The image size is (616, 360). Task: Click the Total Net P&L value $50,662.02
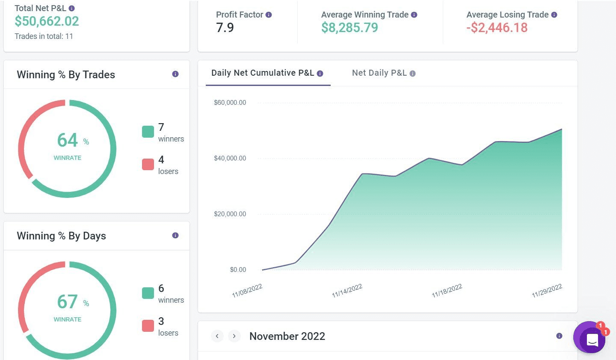47,21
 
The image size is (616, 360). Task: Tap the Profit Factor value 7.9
225,28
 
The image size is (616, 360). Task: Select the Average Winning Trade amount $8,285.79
349,28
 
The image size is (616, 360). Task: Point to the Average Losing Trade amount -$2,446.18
497,28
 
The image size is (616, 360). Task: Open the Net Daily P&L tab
379,73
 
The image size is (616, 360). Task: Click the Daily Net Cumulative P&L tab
263,73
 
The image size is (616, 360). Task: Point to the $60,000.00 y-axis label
230,103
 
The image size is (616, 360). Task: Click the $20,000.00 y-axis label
230,214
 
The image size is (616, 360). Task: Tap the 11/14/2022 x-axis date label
347,291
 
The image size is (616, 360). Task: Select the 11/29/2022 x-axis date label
547,291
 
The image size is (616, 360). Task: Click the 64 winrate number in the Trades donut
68,140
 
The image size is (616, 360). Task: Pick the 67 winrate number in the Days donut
68,302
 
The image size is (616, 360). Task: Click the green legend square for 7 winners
148,132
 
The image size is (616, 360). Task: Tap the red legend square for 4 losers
148,164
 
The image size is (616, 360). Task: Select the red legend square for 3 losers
148,326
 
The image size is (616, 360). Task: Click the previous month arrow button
217,336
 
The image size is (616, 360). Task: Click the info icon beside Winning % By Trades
175,74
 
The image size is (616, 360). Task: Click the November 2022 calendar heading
287,336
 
